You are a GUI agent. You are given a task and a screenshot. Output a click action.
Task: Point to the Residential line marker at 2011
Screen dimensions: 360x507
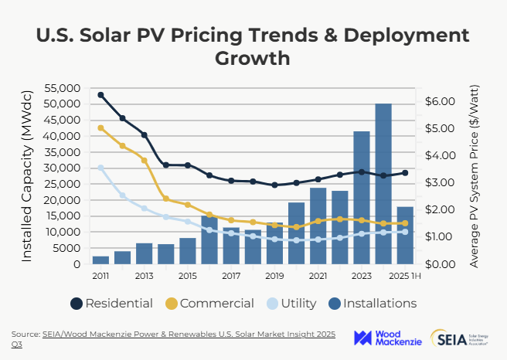point(100,95)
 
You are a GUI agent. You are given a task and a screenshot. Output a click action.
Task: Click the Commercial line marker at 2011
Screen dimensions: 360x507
point(100,128)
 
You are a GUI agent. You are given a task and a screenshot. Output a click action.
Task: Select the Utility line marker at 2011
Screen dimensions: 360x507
point(100,168)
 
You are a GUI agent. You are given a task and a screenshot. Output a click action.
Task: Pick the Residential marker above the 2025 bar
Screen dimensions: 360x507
point(405,173)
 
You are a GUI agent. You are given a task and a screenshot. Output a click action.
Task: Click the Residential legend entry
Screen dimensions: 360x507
point(111,304)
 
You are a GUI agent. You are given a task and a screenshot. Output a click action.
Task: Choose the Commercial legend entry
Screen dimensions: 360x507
point(209,304)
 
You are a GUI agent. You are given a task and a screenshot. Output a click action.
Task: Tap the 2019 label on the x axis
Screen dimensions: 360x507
point(274,277)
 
